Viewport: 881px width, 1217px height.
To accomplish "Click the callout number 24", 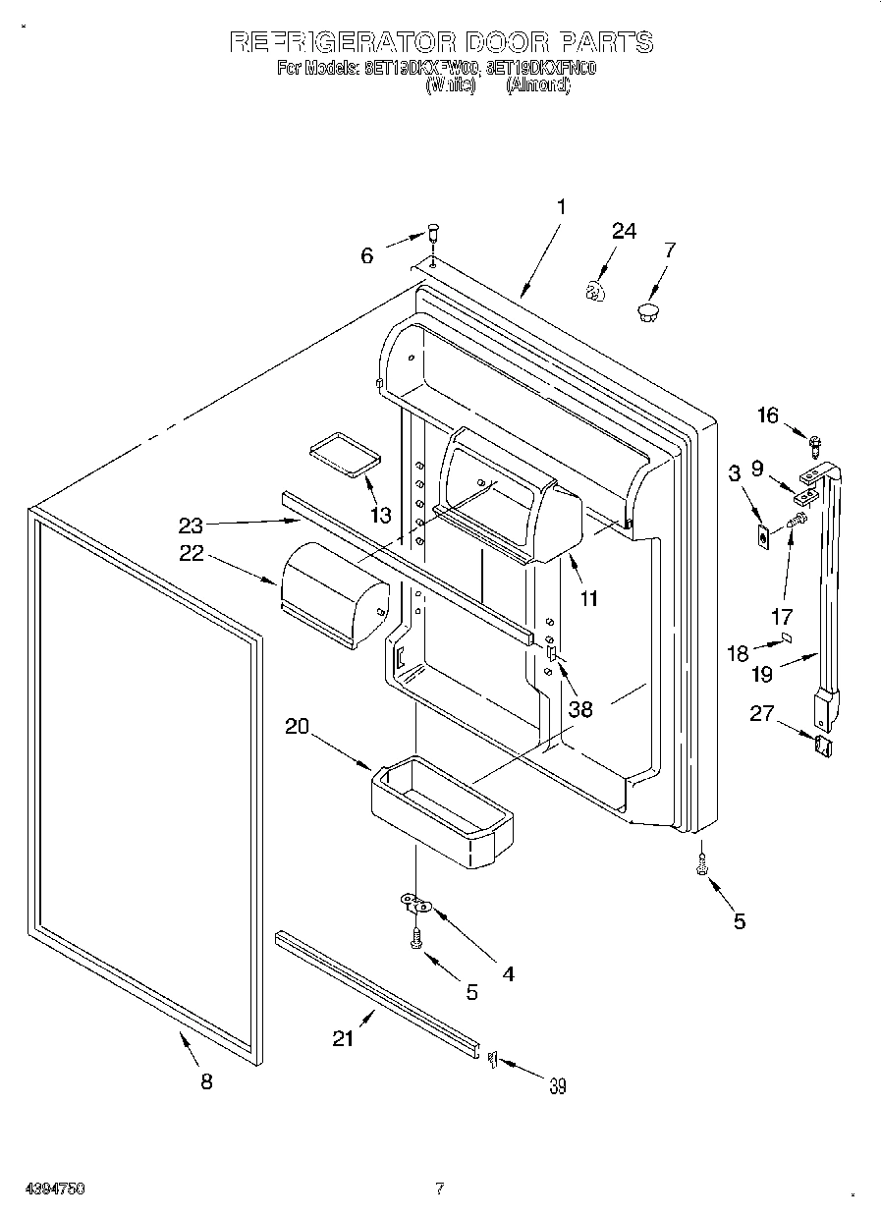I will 624,231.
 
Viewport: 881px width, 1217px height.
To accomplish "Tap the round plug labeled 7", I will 647,313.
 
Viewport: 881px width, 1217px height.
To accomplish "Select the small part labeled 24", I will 594,291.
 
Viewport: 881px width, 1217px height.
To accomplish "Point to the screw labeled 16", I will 814,444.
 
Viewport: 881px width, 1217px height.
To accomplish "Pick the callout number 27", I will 761,714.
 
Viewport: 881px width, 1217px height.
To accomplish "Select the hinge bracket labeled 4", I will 416,901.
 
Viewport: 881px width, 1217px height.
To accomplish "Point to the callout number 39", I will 557,1085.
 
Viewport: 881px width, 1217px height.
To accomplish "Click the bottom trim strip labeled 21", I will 377,991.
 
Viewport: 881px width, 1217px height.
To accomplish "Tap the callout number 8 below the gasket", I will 205,1081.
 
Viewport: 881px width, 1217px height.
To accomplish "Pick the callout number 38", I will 580,708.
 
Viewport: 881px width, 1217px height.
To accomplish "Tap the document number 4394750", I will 43,1189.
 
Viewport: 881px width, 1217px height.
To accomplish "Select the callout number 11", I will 588,597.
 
